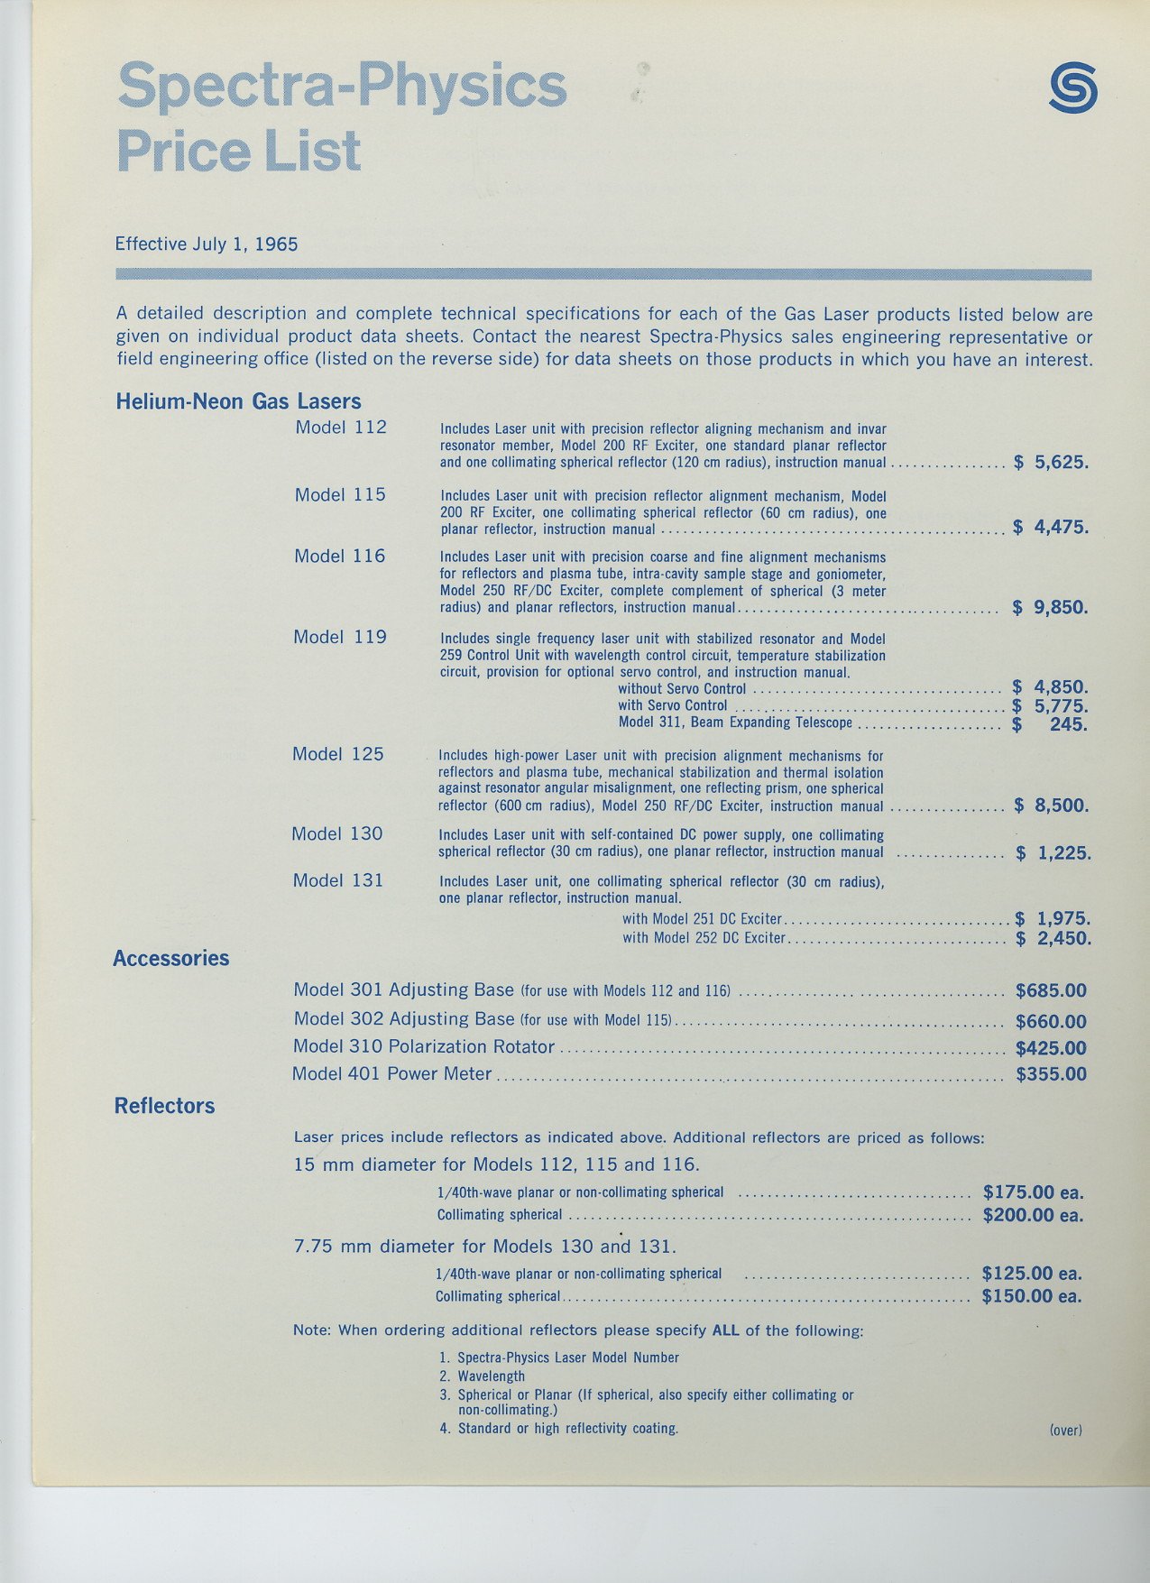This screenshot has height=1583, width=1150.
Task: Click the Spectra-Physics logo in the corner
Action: coord(1073,88)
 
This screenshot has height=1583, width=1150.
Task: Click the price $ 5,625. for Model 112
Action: coord(1051,463)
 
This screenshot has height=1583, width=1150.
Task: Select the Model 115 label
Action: coord(340,494)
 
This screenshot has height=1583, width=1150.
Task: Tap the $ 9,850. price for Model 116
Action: coord(1050,607)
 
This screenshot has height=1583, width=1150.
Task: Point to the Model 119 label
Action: coord(340,637)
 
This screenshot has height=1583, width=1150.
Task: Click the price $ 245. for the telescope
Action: coord(1050,723)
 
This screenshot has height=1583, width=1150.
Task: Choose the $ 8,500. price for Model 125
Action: coord(1051,805)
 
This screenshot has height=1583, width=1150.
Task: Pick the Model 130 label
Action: coord(337,833)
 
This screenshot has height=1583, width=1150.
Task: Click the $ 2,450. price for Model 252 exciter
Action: coord(1053,938)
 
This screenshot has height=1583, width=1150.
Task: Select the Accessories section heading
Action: coord(171,958)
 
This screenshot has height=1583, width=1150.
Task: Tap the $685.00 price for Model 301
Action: coord(1051,990)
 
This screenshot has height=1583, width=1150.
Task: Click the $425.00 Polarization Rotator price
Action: coord(1051,1048)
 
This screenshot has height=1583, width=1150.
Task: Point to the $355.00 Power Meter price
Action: coord(1051,1074)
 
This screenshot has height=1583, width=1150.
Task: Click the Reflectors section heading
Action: coord(164,1106)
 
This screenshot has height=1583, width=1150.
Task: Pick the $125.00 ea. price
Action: coord(1031,1274)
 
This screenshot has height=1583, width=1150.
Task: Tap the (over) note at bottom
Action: coord(1065,1430)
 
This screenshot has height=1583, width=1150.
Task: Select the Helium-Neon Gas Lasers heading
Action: coord(238,401)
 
